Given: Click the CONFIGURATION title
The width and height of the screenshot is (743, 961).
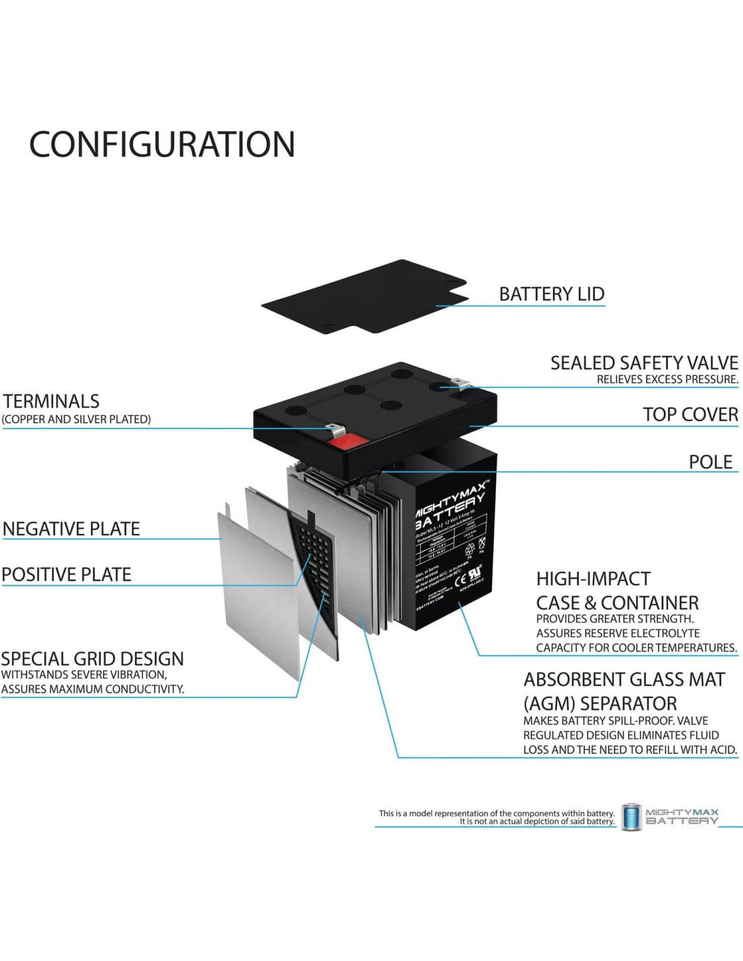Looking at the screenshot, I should pos(162,144).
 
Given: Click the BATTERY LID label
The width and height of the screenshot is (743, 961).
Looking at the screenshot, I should pos(551,294).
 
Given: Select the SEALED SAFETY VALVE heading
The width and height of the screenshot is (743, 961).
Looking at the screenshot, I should pos(644,363).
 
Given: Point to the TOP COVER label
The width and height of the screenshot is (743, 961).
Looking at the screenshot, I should pos(690,414).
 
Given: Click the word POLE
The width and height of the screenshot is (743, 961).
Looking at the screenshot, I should pos(710,462).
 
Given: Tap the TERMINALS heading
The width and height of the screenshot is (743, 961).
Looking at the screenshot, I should pos(51,401).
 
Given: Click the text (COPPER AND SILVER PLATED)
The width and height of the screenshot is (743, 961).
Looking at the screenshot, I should pos(76,419).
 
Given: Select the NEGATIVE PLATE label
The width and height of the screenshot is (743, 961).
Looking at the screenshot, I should pos(71,528).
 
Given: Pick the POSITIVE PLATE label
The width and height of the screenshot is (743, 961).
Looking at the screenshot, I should pos(66,574).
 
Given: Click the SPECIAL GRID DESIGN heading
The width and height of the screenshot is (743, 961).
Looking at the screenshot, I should pos(92,659).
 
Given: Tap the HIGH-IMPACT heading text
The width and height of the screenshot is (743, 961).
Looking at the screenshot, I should pos(593,579).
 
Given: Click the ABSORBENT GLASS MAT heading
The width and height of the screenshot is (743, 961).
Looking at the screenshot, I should pos(624,679).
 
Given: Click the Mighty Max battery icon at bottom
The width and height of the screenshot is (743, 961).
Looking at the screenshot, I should pos(631,817).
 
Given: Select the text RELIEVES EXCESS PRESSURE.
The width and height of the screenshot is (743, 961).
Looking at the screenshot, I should pos(667,379).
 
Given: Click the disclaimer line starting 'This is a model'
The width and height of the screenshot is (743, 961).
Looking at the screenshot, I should pos(496,813).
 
